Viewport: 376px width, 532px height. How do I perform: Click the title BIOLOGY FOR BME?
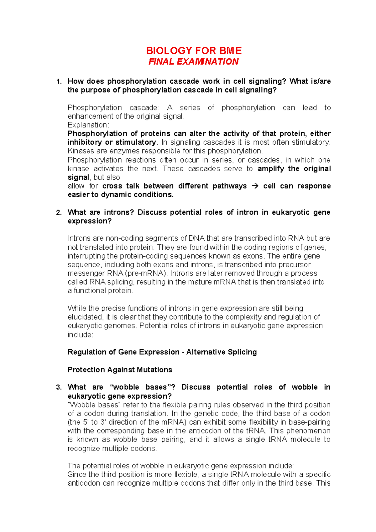click(x=194, y=51)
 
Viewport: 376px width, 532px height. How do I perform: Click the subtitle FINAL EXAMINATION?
click(x=193, y=61)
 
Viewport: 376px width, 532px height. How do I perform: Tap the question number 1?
click(x=58, y=82)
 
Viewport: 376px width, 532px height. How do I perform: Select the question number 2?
click(x=58, y=213)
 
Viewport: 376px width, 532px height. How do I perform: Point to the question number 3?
click(x=58, y=387)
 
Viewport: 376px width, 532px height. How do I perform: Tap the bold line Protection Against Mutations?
click(x=120, y=370)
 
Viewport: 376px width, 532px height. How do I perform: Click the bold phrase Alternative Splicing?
click(x=222, y=352)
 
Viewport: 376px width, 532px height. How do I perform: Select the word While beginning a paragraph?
click(x=77, y=308)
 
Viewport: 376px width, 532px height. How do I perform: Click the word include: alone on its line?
click(x=80, y=335)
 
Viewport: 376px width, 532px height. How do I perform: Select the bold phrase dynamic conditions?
click(x=137, y=194)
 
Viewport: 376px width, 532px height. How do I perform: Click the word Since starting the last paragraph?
click(x=77, y=474)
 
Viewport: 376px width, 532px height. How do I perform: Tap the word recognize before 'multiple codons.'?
click(x=84, y=449)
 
